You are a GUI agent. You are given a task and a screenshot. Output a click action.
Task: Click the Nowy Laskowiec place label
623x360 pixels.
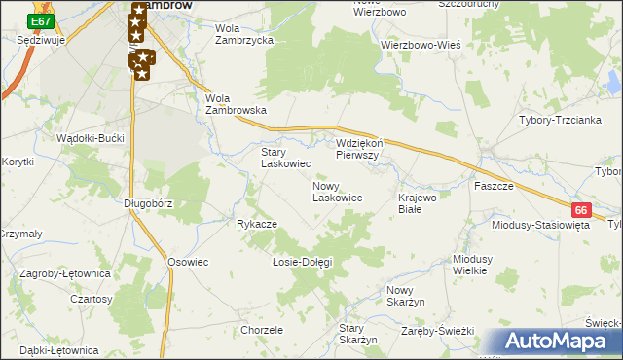pos(337,191)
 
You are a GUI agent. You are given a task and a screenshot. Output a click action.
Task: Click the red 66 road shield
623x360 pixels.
pos(581,209)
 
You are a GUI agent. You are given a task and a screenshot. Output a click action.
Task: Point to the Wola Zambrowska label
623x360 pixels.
pos(236,104)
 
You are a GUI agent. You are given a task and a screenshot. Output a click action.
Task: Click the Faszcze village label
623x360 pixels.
pos(494,185)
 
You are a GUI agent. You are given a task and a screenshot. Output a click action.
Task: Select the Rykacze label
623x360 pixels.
pos(257,224)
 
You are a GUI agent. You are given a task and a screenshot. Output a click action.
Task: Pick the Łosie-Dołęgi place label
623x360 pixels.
pos(302,262)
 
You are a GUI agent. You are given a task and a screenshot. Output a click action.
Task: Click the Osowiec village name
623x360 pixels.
pos(189,262)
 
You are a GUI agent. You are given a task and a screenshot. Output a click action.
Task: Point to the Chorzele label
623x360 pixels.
pos(261,330)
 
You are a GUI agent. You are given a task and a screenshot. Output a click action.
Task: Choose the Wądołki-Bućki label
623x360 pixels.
pos(92,138)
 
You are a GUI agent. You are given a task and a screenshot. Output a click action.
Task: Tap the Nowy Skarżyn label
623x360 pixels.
pos(407,297)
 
